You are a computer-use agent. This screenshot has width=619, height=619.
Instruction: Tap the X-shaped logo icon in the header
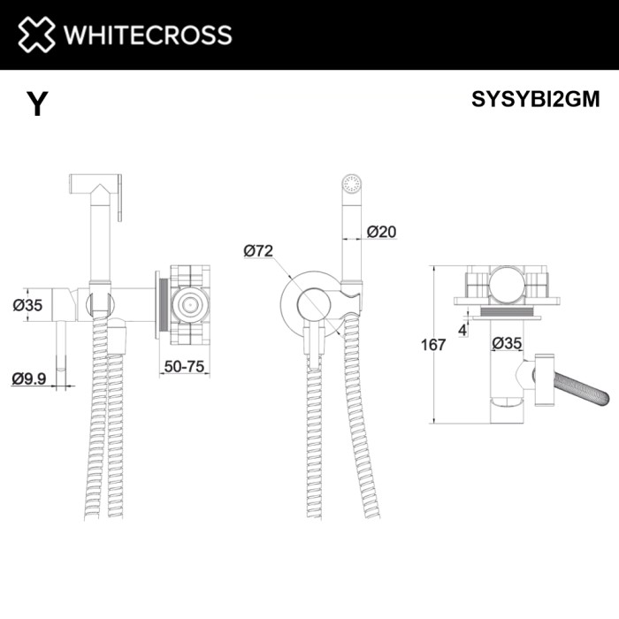(x=36, y=35)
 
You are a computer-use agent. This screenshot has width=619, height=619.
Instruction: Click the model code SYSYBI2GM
(x=536, y=99)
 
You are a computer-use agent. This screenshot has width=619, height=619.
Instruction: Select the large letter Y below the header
(x=36, y=105)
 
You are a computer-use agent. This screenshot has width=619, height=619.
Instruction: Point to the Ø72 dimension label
(x=257, y=251)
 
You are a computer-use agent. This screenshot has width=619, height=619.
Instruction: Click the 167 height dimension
(x=432, y=345)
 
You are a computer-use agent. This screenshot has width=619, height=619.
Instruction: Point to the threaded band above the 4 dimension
(x=508, y=310)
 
